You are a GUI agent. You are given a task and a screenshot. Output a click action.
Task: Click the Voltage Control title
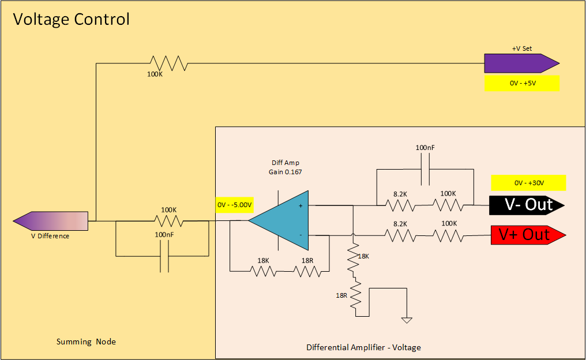click(x=72, y=19)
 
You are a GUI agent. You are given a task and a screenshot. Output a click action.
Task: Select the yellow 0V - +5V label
click(x=523, y=83)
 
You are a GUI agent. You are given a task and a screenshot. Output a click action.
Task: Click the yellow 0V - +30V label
click(x=528, y=183)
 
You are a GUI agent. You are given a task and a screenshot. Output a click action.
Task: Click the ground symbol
click(x=407, y=320)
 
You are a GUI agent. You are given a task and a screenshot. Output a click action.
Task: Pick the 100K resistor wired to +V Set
click(x=168, y=63)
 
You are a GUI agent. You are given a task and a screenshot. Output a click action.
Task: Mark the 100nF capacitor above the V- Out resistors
click(x=425, y=172)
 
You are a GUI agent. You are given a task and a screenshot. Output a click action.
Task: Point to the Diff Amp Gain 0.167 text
click(x=285, y=167)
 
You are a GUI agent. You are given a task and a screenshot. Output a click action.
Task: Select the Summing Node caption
click(x=86, y=342)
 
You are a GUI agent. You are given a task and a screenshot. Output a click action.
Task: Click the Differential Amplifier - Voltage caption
click(x=363, y=347)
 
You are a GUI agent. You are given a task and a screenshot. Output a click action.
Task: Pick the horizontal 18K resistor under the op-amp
click(x=263, y=271)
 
